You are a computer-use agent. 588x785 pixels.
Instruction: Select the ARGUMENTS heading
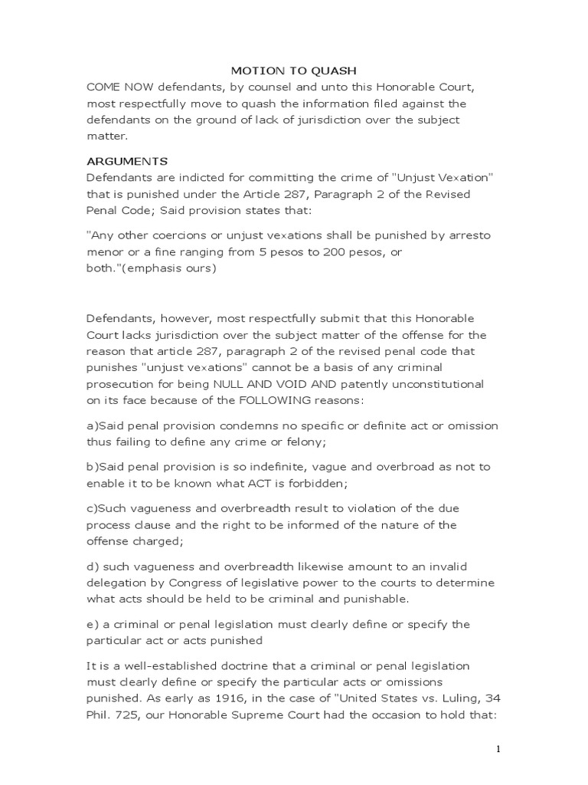pyautogui.click(x=126, y=161)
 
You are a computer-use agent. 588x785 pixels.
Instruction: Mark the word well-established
pyautogui.click(x=168, y=665)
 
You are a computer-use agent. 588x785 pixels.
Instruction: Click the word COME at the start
pyautogui.click(x=103, y=87)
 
